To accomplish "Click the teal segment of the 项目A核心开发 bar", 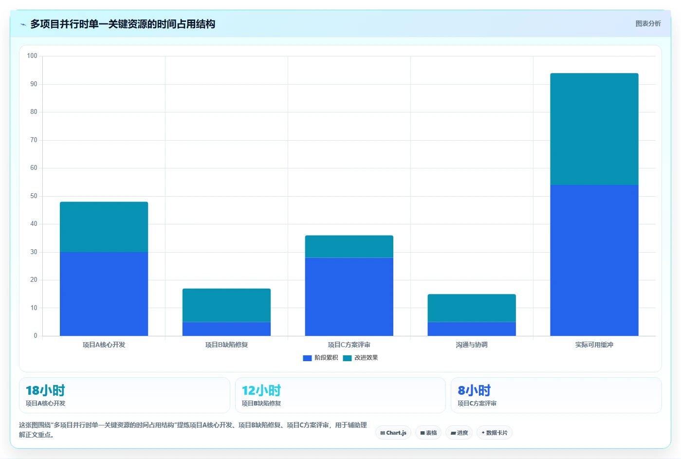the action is (x=104, y=227).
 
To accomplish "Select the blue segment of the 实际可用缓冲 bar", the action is (x=594, y=260).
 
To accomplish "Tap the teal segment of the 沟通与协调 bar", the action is (x=472, y=308).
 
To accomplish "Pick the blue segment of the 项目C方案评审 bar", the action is (x=349, y=297).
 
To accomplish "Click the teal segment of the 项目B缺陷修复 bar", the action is (x=226, y=305).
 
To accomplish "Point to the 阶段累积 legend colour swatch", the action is (x=307, y=358).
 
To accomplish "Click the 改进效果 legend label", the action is (x=366, y=357).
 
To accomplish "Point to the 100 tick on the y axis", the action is (x=32, y=55).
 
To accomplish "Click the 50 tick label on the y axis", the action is (x=34, y=196).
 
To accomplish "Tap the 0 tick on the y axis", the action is (x=36, y=335).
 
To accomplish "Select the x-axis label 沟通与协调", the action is (x=472, y=345).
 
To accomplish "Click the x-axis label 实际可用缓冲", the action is (x=594, y=345).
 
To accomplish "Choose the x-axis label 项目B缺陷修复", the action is (x=226, y=345).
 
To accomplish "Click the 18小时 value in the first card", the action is (x=45, y=390).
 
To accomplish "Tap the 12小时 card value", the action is (x=261, y=390).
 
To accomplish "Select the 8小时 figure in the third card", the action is (x=474, y=390).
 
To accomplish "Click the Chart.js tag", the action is (x=393, y=433).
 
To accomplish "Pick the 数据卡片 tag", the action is (x=495, y=433).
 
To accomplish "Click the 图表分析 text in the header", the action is (x=648, y=23).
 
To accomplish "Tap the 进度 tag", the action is (x=459, y=433).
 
